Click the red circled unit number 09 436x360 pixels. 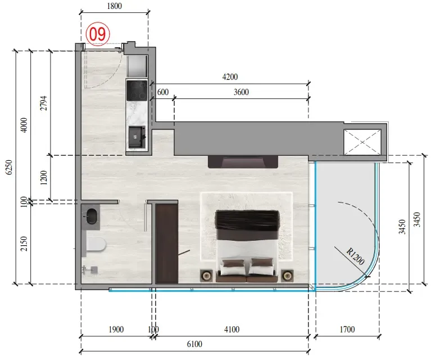click(x=98, y=34)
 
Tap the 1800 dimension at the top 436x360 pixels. click(x=114, y=6)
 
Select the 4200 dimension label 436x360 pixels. click(x=230, y=77)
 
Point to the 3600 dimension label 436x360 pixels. click(x=241, y=92)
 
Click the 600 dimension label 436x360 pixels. click(x=163, y=92)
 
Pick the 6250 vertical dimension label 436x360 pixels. click(x=9, y=167)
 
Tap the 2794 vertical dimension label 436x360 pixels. click(x=44, y=103)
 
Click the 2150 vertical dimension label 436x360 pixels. click(x=24, y=244)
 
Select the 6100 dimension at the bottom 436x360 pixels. click(x=194, y=344)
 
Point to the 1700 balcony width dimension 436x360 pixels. click(x=347, y=330)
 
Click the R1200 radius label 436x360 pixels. click(x=355, y=256)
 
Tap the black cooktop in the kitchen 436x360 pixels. click(x=137, y=91)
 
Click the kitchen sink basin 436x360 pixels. click(x=137, y=137)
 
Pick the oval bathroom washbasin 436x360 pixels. click(x=92, y=217)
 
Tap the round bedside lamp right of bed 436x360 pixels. click(x=287, y=276)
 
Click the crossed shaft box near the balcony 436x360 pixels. click(x=362, y=142)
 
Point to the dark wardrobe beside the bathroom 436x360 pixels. click(x=166, y=244)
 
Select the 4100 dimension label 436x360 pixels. click(x=231, y=330)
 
